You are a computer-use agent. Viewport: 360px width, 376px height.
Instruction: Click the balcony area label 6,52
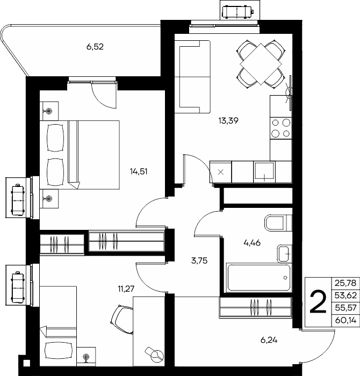[x=95, y=47]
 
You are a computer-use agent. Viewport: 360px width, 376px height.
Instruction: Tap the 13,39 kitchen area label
[x=228, y=121]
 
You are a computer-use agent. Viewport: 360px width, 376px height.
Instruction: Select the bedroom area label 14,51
[x=139, y=171]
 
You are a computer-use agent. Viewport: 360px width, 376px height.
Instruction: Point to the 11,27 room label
[x=126, y=289]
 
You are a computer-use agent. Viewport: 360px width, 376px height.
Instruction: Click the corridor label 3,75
[x=199, y=261]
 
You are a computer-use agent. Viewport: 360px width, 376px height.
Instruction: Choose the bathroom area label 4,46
[x=252, y=243]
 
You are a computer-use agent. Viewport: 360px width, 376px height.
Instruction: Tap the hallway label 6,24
[x=269, y=340]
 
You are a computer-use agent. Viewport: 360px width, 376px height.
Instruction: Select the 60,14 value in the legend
[x=345, y=320]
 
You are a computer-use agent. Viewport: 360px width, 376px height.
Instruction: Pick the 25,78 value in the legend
[x=345, y=283]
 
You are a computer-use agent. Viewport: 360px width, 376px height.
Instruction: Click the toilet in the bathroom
[x=278, y=223]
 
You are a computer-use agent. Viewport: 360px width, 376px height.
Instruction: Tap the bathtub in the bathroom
[x=259, y=278]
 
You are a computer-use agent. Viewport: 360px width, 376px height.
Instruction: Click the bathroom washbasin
[x=284, y=254]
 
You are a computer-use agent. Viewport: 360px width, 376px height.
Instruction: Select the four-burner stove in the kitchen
[x=281, y=128]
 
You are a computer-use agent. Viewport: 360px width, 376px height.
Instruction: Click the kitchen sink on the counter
[x=264, y=171]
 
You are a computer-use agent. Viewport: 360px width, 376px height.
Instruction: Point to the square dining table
[x=261, y=64]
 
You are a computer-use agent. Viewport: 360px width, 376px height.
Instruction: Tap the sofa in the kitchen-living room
[x=192, y=77]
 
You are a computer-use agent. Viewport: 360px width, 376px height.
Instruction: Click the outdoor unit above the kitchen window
[x=237, y=11]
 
